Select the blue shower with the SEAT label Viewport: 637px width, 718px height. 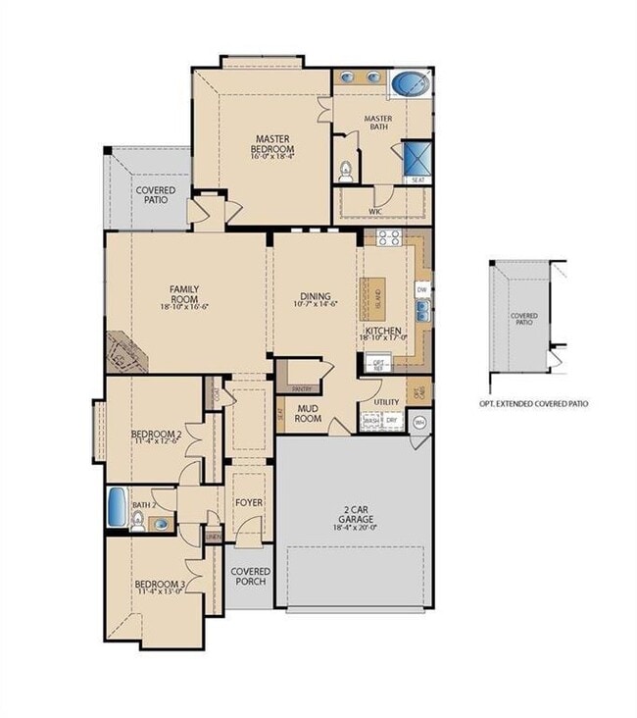(415, 159)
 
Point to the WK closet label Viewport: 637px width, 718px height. (374, 211)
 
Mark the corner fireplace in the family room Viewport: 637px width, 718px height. (125, 352)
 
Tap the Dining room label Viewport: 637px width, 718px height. (316, 297)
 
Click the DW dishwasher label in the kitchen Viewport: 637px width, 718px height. (421, 289)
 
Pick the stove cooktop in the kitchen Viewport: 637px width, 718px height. (383, 236)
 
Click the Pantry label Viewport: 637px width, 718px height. (300, 362)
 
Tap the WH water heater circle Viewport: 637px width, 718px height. (420, 423)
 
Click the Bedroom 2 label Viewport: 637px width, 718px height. (157, 437)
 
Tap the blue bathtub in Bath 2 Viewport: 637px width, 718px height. (117, 505)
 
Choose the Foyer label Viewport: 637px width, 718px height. (249, 503)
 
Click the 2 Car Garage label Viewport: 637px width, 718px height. (354, 516)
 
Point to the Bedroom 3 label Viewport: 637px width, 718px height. (159, 589)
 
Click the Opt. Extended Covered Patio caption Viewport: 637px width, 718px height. (533, 403)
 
